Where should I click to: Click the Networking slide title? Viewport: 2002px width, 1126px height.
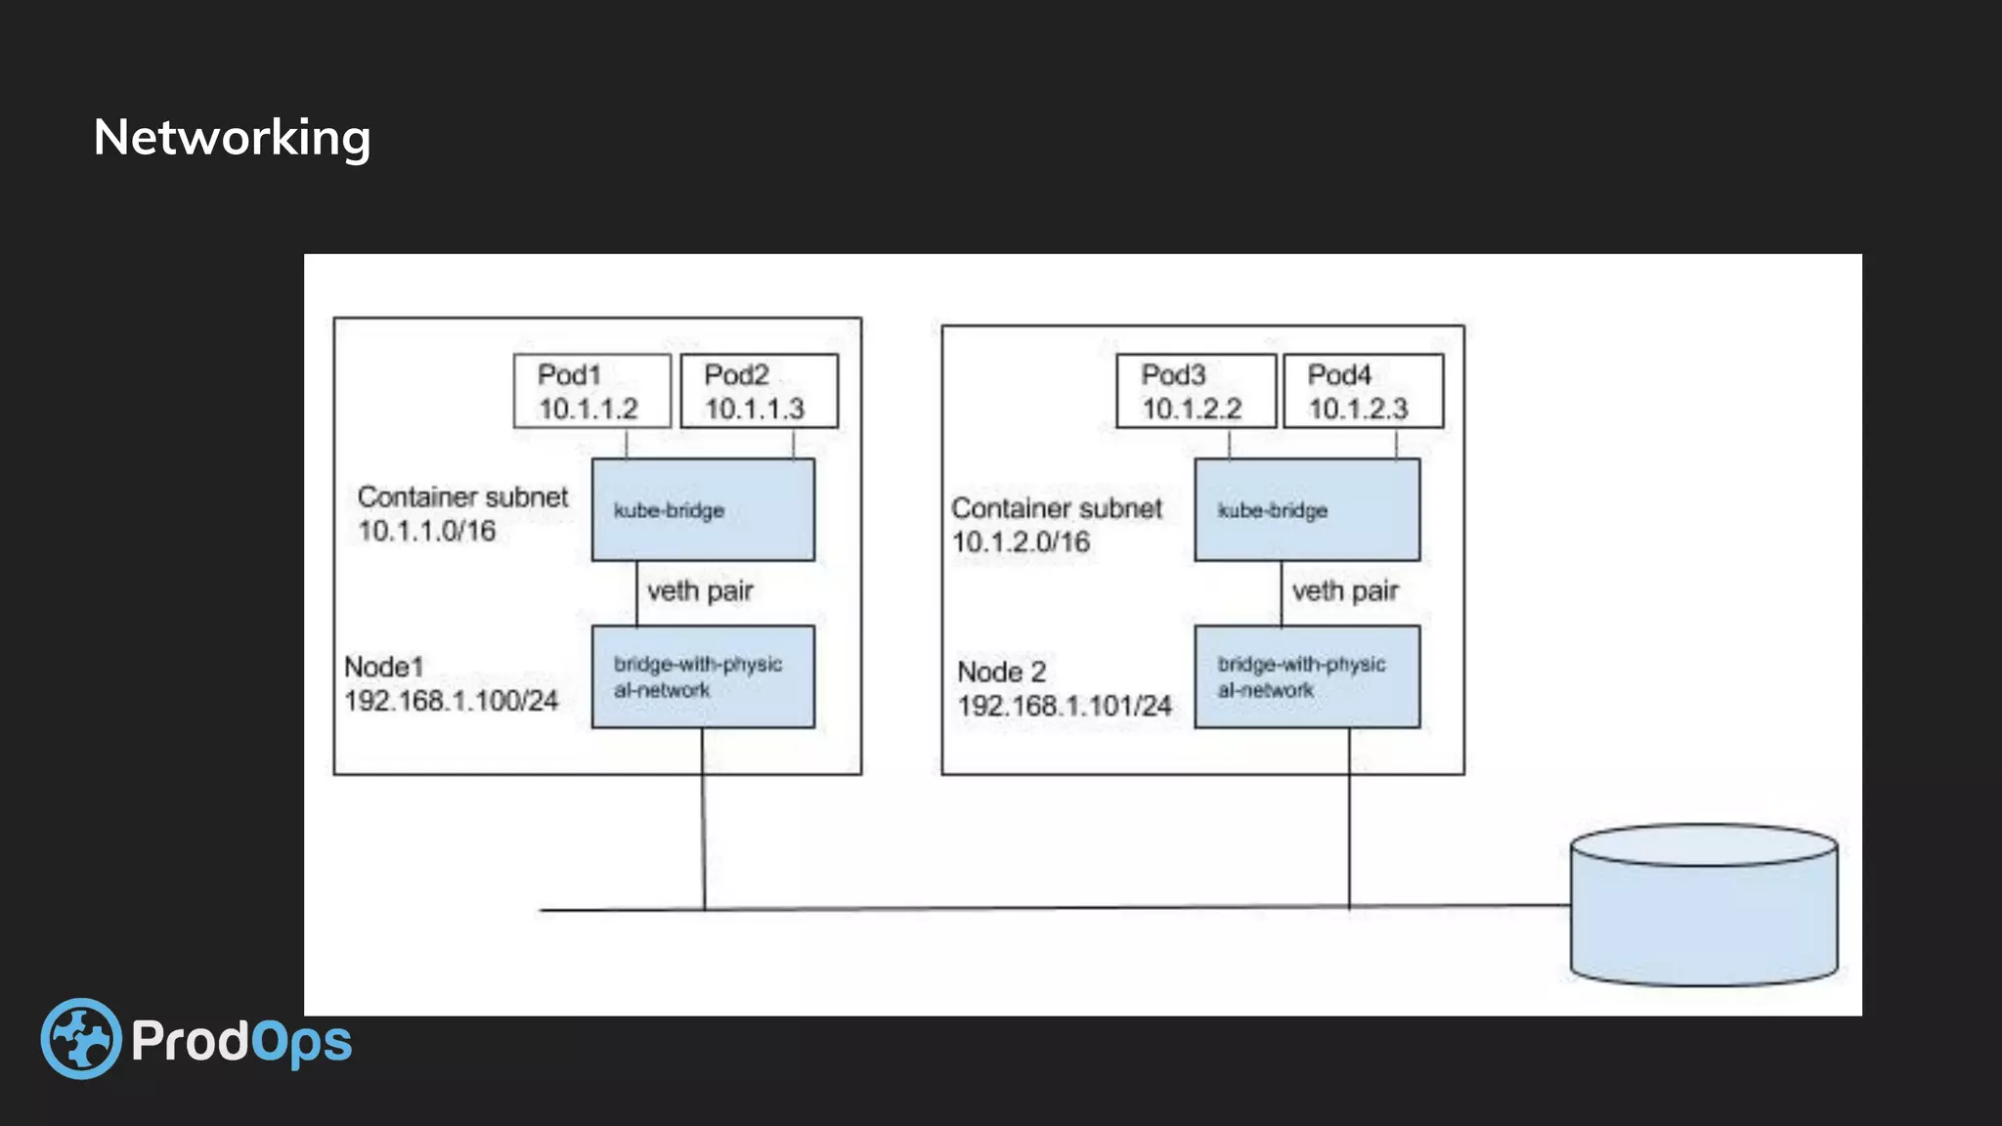(232, 138)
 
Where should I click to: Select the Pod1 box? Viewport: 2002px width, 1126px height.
(591, 391)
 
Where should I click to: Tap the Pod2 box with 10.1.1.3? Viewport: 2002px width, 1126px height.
(759, 391)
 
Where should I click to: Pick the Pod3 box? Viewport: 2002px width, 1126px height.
(1196, 391)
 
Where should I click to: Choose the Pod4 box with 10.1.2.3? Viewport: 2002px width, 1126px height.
(1363, 391)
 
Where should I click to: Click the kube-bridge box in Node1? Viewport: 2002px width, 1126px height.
(703, 509)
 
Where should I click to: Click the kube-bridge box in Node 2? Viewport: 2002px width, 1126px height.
(1307, 509)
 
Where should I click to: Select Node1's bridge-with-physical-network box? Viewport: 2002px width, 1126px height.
(703, 676)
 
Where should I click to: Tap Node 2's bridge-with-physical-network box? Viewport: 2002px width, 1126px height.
(1307, 676)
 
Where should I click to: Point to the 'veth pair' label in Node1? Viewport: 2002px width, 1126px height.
(700, 591)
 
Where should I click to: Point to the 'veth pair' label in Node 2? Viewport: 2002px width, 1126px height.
(1345, 591)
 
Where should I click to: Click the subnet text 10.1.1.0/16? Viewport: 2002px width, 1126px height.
(427, 531)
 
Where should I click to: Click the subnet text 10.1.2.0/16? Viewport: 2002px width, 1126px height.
(1021, 542)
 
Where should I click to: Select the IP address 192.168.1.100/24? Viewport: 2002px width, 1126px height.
(451, 701)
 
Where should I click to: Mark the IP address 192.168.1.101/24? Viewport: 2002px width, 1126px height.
(1065, 706)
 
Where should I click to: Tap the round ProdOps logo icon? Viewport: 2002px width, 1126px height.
(81, 1038)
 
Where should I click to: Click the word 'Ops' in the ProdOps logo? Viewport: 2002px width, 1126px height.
(302, 1042)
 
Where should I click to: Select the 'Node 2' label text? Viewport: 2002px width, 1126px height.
(1001, 672)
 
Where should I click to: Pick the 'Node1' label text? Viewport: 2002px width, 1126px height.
(383, 668)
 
